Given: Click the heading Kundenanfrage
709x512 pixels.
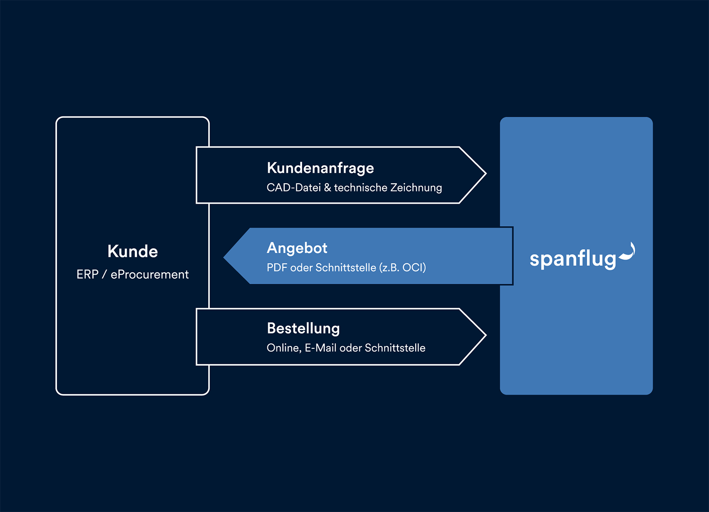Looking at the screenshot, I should click(320, 168).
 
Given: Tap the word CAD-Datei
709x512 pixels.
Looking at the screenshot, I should click(293, 188).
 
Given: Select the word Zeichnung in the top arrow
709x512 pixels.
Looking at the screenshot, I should click(416, 188).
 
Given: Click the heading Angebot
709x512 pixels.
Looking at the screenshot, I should click(297, 248).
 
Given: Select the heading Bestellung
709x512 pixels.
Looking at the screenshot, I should click(303, 328).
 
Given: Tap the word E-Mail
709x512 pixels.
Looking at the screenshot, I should click(320, 348).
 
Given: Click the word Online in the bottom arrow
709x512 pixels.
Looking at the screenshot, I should click(283, 348).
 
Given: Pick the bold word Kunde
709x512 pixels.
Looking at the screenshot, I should click(132, 251).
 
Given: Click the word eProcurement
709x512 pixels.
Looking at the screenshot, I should click(150, 275).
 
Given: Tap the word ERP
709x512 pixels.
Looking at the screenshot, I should click(87, 275).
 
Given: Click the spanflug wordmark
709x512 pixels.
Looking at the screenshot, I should click(573, 259).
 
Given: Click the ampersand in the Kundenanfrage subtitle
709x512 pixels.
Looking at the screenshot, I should click(327, 188).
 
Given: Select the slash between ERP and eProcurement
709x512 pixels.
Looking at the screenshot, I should click(105, 275).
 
